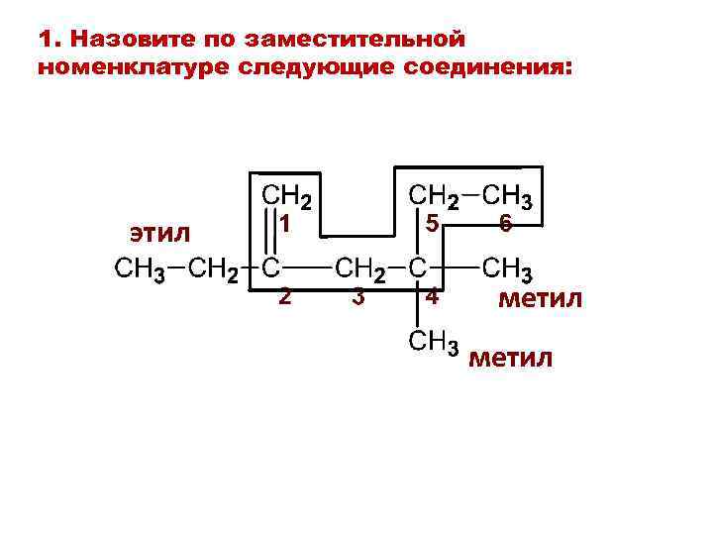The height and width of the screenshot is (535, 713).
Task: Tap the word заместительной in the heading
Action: point(353,40)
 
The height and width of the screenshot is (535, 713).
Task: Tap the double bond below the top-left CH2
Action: point(268,234)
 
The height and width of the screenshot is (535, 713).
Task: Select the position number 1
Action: point(284,225)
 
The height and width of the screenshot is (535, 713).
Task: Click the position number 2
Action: point(284,296)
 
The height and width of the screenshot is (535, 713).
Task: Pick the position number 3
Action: point(358,296)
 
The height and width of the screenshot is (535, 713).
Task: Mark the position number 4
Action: point(432,296)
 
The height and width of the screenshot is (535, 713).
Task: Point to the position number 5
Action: point(432,225)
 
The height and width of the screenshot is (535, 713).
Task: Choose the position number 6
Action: point(505,225)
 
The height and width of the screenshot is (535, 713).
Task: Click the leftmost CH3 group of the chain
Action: point(141,268)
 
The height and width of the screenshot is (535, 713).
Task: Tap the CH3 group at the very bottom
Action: point(431,343)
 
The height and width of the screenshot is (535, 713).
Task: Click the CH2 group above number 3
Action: point(360,268)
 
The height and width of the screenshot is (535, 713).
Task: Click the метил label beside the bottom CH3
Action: point(511,357)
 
